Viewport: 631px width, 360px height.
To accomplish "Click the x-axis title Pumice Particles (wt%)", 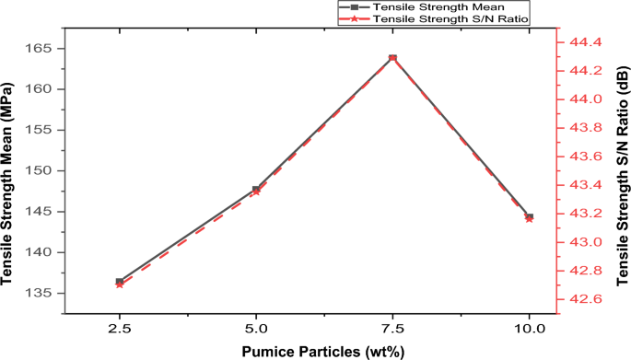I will click(x=323, y=351).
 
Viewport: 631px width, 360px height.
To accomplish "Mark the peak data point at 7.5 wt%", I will click(x=392, y=58).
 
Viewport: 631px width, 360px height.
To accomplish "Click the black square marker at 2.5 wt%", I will click(x=120, y=281).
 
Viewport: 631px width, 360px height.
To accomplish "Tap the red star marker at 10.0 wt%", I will click(x=529, y=219).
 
